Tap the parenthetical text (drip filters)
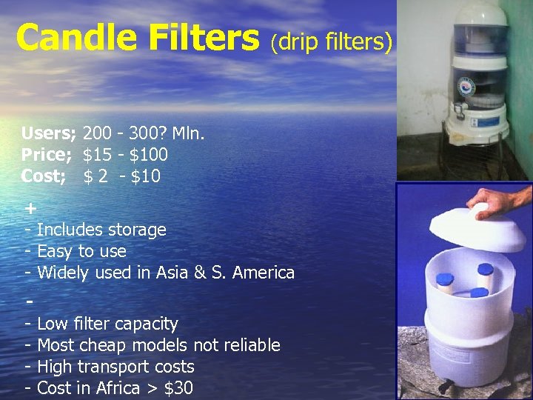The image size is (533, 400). click(330, 42)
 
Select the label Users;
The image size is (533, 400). click(48, 134)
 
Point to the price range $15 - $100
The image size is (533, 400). click(126, 156)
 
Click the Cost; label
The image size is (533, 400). click(44, 177)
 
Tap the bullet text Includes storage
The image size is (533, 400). click(101, 230)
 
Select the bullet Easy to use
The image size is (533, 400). click(81, 252)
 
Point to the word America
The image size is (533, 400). click(263, 273)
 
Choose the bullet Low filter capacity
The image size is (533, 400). click(107, 324)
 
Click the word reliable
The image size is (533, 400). click(252, 346)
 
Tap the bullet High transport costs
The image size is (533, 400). click(115, 367)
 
